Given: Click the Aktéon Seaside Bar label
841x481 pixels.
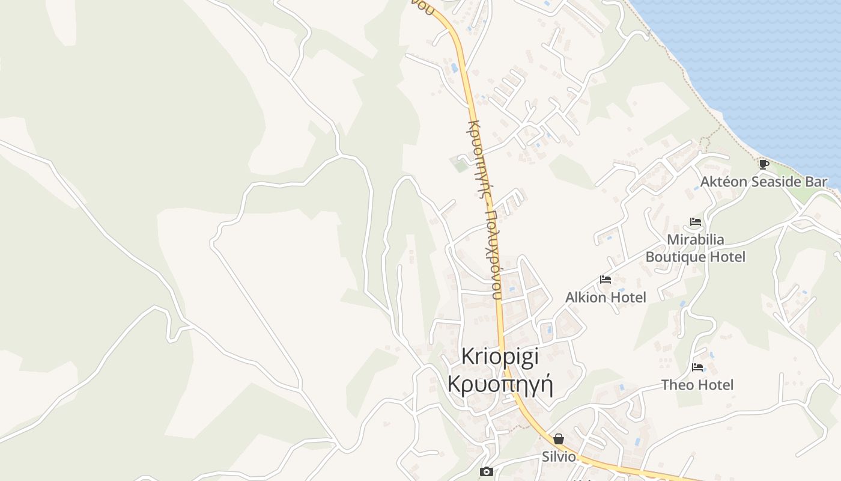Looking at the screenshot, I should [764, 182].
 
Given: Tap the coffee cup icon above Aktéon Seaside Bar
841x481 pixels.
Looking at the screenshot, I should [764, 164].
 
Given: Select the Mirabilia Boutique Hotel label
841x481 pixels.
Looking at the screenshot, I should [696, 248].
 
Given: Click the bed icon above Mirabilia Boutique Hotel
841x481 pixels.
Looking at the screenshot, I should [696, 222].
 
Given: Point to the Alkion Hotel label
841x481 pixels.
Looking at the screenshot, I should [606, 297].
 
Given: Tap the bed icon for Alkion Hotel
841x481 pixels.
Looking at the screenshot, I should [606, 280].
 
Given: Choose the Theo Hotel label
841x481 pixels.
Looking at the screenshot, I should [697, 385].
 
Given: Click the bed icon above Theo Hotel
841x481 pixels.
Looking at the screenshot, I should [697, 367].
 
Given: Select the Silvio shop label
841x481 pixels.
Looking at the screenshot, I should [559, 456].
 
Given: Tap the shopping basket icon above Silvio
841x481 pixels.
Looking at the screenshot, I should [559, 439].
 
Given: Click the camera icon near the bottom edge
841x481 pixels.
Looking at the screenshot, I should [487, 472].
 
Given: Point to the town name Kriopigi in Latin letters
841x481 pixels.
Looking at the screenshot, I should [500, 356].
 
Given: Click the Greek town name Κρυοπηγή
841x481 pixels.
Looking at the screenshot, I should [500, 383].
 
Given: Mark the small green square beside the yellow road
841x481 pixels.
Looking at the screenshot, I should [461, 164].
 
